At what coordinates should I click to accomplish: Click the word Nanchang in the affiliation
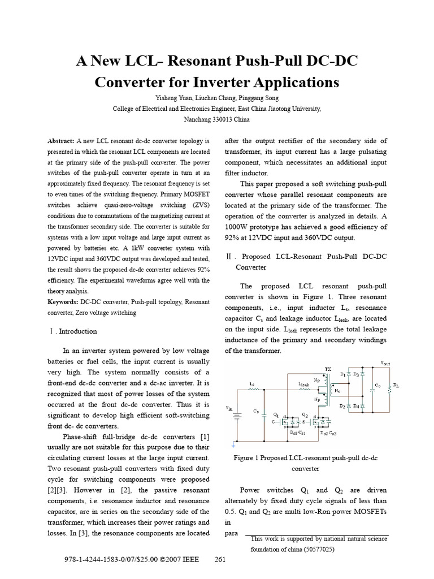[200, 119]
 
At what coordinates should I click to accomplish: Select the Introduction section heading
[77, 331]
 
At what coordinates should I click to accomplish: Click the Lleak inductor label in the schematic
[303, 383]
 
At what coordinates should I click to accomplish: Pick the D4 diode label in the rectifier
[355, 406]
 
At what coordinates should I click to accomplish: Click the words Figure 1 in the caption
[247, 458]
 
